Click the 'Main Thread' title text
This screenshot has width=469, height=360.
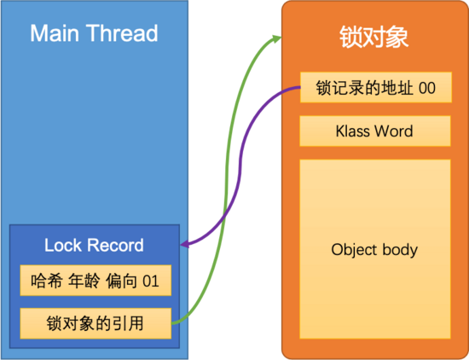click(94, 33)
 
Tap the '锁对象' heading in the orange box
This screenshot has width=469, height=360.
click(373, 37)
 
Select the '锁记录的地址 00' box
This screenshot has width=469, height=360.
click(376, 87)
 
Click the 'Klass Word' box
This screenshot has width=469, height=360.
click(375, 131)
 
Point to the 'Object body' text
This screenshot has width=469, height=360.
click(374, 250)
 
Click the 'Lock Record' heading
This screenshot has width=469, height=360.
click(94, 245)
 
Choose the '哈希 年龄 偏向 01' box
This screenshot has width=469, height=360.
click(96, 281)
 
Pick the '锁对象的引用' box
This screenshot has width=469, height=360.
click(96, 323)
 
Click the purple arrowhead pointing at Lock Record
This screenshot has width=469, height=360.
click(185, 244)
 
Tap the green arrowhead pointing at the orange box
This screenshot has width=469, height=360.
click(276, 38)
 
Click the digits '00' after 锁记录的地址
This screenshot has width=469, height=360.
click(427, 88)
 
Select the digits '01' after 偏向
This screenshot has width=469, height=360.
click(150, 282)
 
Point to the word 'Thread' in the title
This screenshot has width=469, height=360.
click(122, 33)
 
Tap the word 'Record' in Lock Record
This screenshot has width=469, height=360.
click(115, 245)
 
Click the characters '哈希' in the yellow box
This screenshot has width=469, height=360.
click(47, 281)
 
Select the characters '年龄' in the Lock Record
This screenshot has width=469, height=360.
click(84, 281)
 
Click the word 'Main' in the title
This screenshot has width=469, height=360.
click(55, 33)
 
